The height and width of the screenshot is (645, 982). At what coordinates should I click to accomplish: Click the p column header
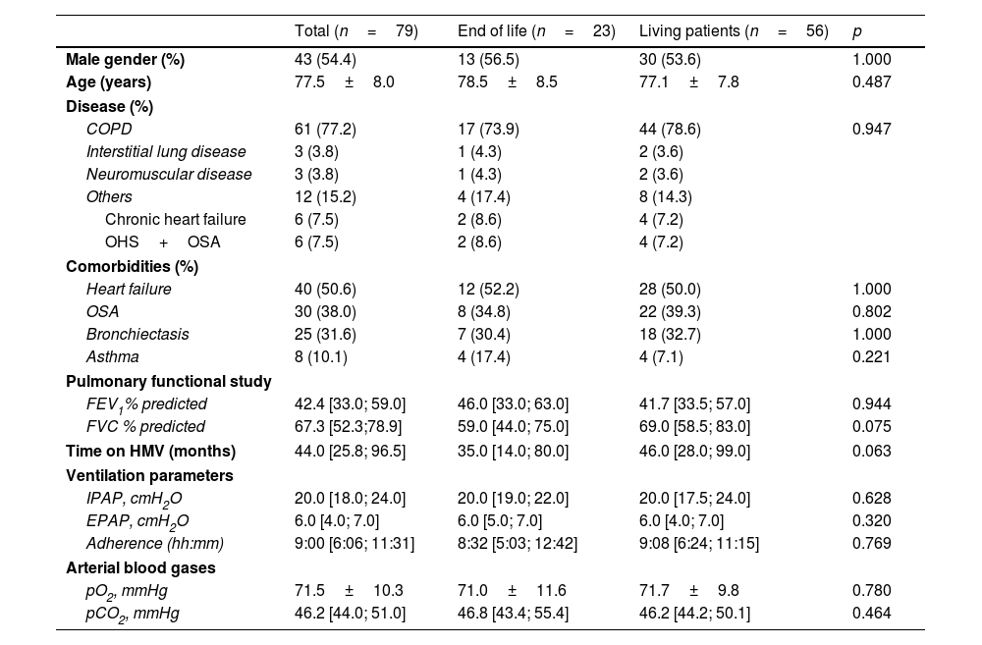tap(856, 32)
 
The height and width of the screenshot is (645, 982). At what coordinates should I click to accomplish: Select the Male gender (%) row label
tap(126, 60)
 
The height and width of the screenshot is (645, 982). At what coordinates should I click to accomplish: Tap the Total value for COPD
tap(325, 129)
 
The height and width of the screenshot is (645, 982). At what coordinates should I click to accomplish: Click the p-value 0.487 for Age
tap(871, 82)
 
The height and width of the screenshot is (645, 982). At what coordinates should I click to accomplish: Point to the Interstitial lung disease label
tap(166, 151)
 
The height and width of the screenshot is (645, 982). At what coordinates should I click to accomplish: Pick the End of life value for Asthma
tap(483, 357)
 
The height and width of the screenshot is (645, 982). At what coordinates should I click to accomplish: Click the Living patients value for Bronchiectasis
tap(670, 335)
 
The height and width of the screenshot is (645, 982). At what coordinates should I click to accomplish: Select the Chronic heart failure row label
tap(176, 219)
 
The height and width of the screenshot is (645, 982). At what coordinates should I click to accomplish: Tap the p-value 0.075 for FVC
tap(871, 426)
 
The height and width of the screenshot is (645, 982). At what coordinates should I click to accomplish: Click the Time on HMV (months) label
tap(151, 451)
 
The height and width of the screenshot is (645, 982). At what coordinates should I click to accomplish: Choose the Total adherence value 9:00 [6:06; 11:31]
tap(355, 543)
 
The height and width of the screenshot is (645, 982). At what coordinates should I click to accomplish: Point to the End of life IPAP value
tap(513, 499)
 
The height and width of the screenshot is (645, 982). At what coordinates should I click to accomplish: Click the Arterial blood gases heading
tap(140, 568)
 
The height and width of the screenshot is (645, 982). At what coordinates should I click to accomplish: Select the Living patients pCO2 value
tap(694, 613)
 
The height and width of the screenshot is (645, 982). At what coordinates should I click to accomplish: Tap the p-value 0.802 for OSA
tap(871, 312)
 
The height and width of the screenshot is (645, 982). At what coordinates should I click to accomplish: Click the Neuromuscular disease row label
tap(169, 174)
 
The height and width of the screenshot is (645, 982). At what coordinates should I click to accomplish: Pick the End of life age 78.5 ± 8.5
tap(508, 82)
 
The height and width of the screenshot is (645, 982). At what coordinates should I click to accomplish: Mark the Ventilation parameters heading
tap(149, 475)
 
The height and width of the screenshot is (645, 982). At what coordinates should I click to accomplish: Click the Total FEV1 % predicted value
tap(351, 403)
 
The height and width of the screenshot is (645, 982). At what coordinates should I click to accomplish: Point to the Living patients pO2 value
tap(689, 591)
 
